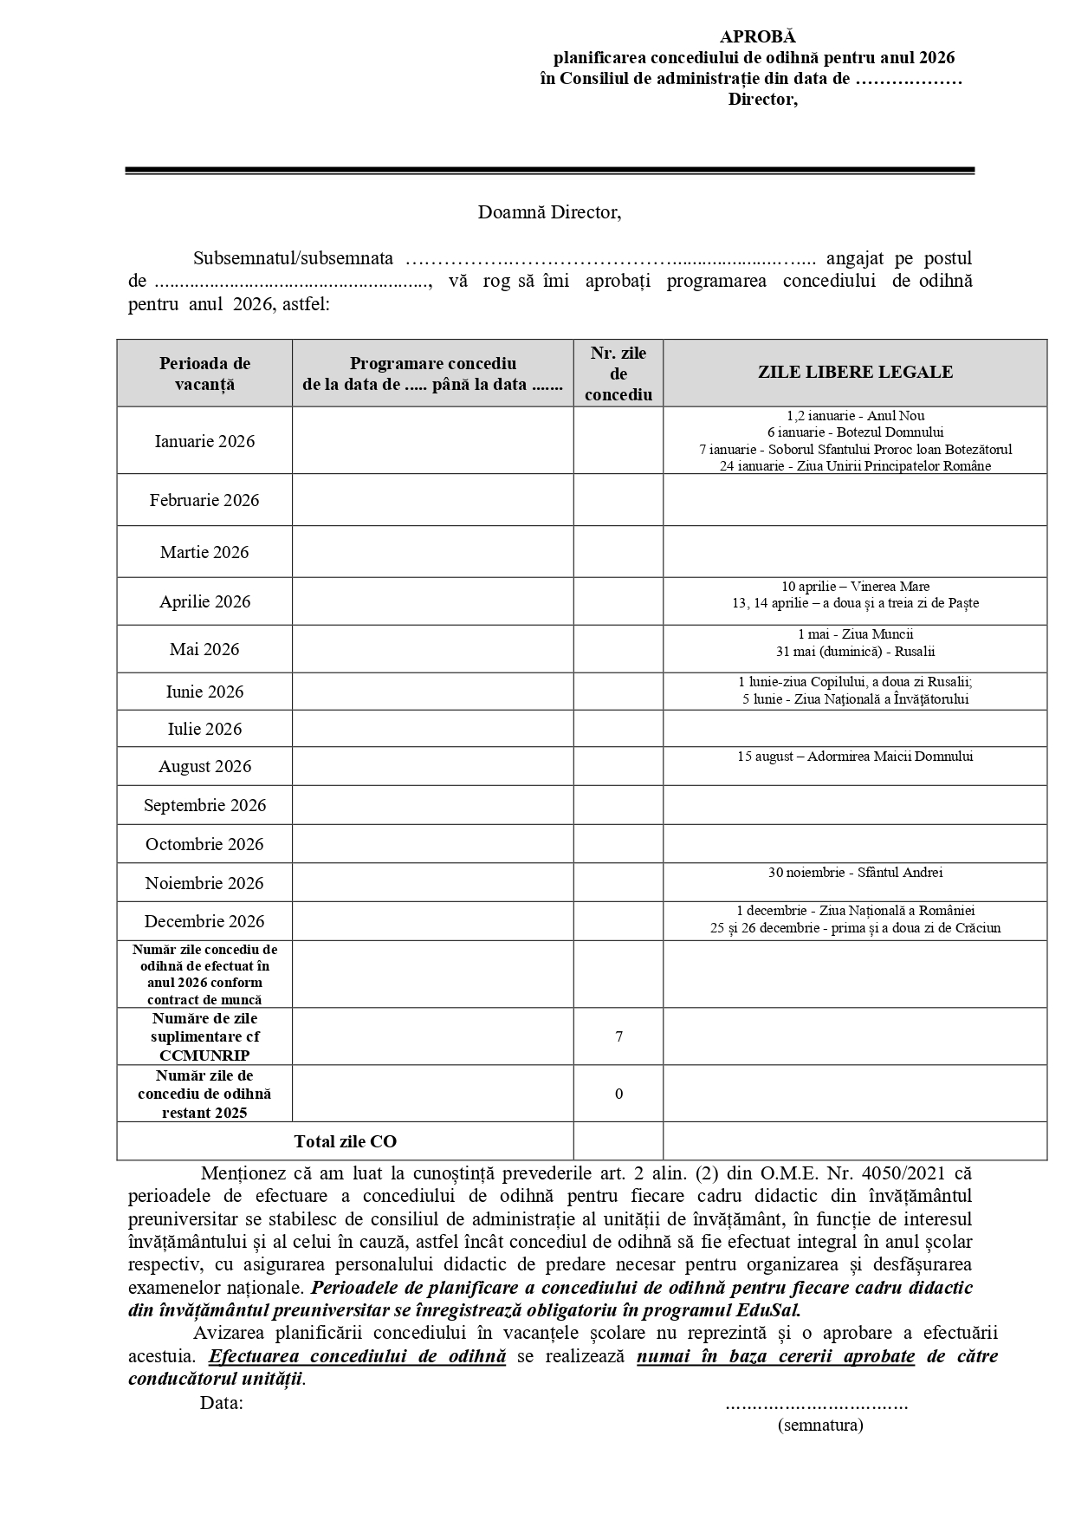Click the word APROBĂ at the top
(757, 36)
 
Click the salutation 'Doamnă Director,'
(549, 212)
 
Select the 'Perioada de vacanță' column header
(204, 374)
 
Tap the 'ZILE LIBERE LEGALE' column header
(855, 373)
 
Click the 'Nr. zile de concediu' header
(618, 374)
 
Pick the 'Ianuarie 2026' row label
(204, 441)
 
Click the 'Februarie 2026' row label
(204, 500)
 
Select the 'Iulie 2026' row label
(204, 729)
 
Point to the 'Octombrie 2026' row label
(204, 844)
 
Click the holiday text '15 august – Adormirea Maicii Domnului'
(855, 757)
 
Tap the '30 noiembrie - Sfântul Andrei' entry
(855, 873)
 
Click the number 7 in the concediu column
(618, 1036)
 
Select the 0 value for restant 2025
(618, 1094)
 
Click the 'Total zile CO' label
(345, 1141)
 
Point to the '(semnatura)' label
(820, 1425)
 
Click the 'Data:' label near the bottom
(221, 1403)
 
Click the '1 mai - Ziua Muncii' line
(855, 634)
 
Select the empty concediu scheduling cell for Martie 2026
(432, 552)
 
